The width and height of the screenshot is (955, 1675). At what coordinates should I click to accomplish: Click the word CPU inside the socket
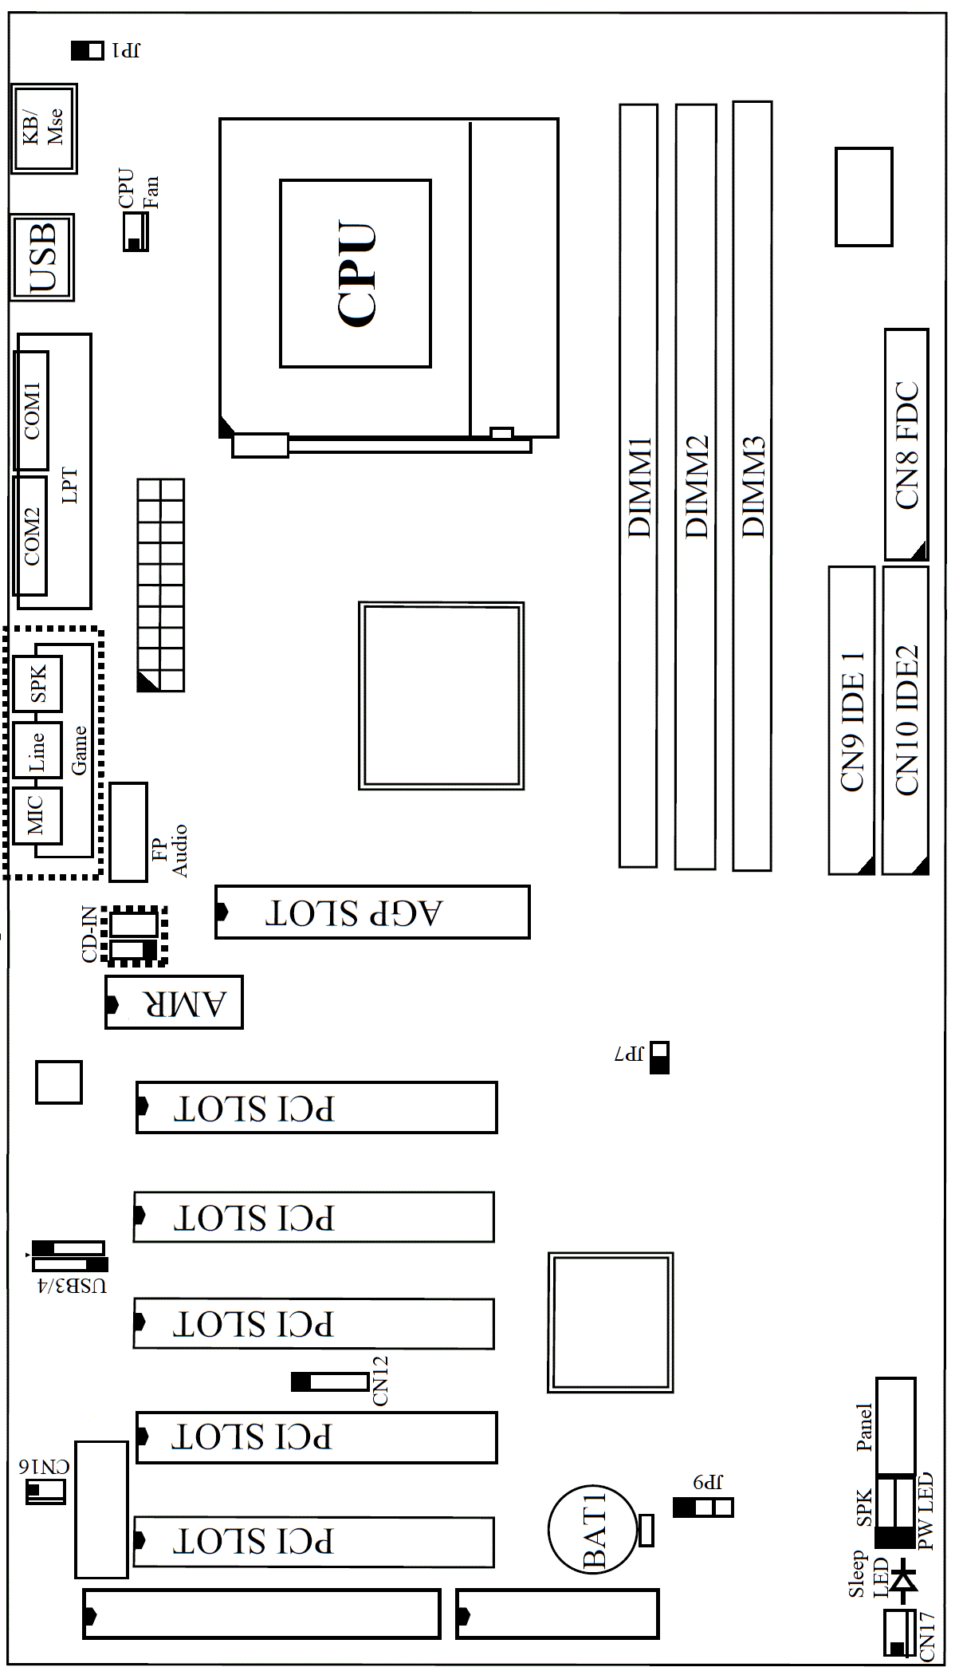tap(356, 274)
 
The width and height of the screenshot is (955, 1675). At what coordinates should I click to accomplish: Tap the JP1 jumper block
tap(88, 50)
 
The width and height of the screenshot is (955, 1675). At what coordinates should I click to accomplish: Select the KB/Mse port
tap(44, 128)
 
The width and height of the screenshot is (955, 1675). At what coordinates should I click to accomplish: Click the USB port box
tap(42, 257)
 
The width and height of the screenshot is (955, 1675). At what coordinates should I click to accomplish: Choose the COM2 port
tap(30, 536)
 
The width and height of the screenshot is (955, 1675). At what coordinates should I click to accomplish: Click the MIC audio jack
tap(37, 815)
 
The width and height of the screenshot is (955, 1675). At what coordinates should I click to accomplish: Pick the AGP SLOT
tap(372, 912)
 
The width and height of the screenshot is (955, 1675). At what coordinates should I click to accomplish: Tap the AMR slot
tap(174, 1003)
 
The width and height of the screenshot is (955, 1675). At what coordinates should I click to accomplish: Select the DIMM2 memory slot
tap(695, 487)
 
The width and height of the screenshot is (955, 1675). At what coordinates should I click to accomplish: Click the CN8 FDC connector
tap(906, 444)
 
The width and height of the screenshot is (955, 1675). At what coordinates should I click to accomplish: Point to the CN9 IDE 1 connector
tap(851, 720)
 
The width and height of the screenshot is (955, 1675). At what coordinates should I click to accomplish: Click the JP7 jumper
tap(659, 1058)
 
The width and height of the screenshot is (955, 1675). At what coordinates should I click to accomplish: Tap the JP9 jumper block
tap(703, 1507)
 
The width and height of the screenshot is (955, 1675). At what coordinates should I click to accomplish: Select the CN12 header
tap(329, 1381)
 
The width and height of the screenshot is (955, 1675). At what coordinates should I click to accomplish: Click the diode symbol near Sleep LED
tap(904, 1579)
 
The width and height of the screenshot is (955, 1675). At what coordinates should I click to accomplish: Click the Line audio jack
tap(37, 750)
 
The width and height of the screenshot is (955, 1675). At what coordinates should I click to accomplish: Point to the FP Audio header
tap(128, 832)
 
